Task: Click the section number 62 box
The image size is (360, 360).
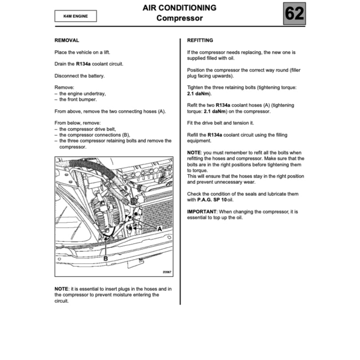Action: [x=294, y=14]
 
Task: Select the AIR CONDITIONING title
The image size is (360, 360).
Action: [x=180, y=8]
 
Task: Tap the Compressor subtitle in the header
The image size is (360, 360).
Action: [x=180, y=18]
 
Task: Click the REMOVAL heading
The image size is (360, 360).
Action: [x=67, y=40]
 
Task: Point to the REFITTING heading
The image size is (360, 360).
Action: [x=200, y=40]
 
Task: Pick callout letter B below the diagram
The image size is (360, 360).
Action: [x=106, y=258]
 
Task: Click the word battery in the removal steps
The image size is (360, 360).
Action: [x=96, y=75]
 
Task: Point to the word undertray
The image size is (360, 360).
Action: [x=95, y=94]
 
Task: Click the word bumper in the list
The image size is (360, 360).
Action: [x=88, y=99]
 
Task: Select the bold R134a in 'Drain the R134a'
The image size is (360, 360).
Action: [x=83, y=64]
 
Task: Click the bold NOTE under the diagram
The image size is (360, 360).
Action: [x=61, y=289]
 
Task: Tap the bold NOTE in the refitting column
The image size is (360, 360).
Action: [x=194, y=152]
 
